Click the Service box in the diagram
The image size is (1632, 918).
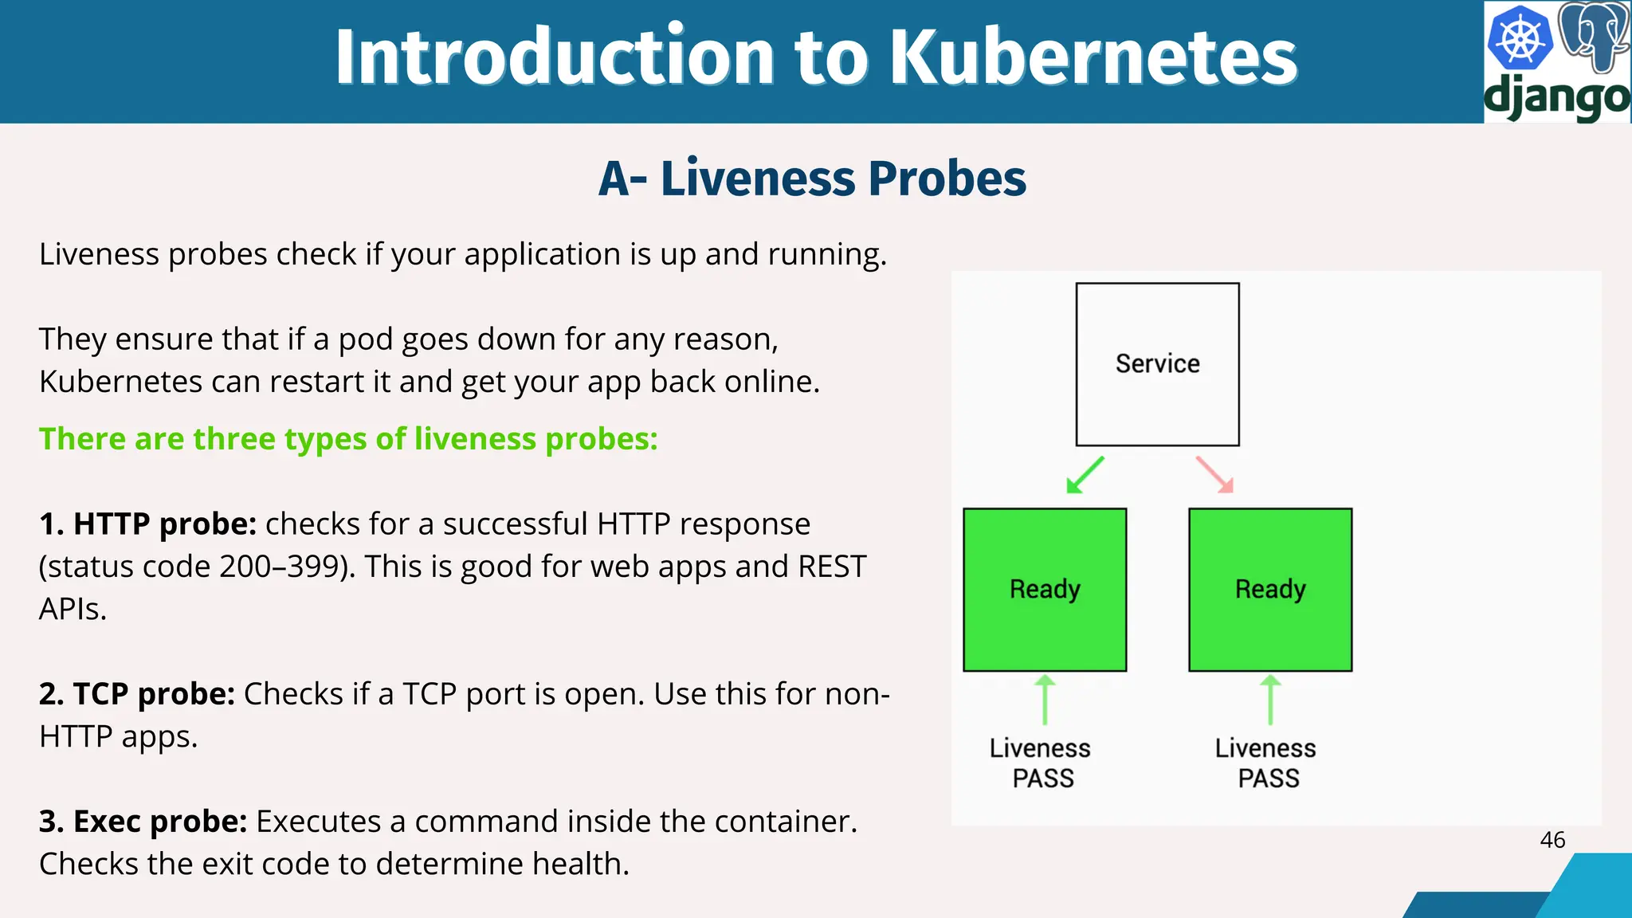click(1157, 364)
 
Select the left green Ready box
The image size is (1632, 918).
click(1045, 590)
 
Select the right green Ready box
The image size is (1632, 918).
click(1270, 590)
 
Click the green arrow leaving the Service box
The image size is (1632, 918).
click(1085, 475)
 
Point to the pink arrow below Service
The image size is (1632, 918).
click(1215, 474)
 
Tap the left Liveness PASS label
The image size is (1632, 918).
click(1042, 763)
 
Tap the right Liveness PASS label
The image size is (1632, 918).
click(1267, 763)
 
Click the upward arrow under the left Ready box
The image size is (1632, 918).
click(1045, 700)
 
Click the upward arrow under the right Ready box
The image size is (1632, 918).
click(1270, 700)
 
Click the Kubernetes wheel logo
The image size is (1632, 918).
click(1519, 38)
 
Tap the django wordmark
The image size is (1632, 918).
click(1556, 98)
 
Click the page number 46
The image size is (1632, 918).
click(1552, 840)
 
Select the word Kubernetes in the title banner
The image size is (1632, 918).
click(1093, 57)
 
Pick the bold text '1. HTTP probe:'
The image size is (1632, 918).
click(148, 524)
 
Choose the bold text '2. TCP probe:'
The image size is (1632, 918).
click(137, 694)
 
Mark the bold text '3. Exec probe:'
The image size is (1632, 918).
click(143, 822)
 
